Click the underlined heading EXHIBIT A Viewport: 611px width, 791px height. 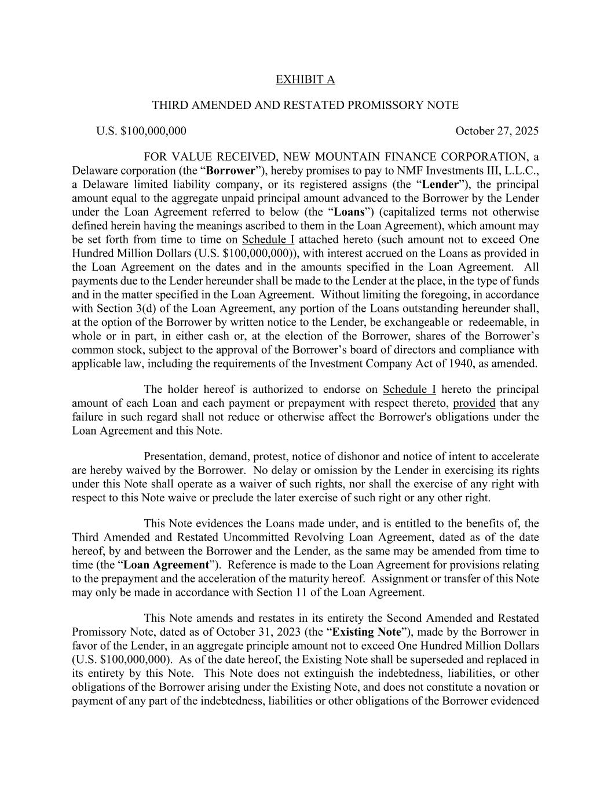coord(305,79)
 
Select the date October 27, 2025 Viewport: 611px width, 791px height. coord(496,131)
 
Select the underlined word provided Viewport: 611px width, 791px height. coord(474,403)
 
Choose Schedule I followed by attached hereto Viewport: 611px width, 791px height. coord(268,240)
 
